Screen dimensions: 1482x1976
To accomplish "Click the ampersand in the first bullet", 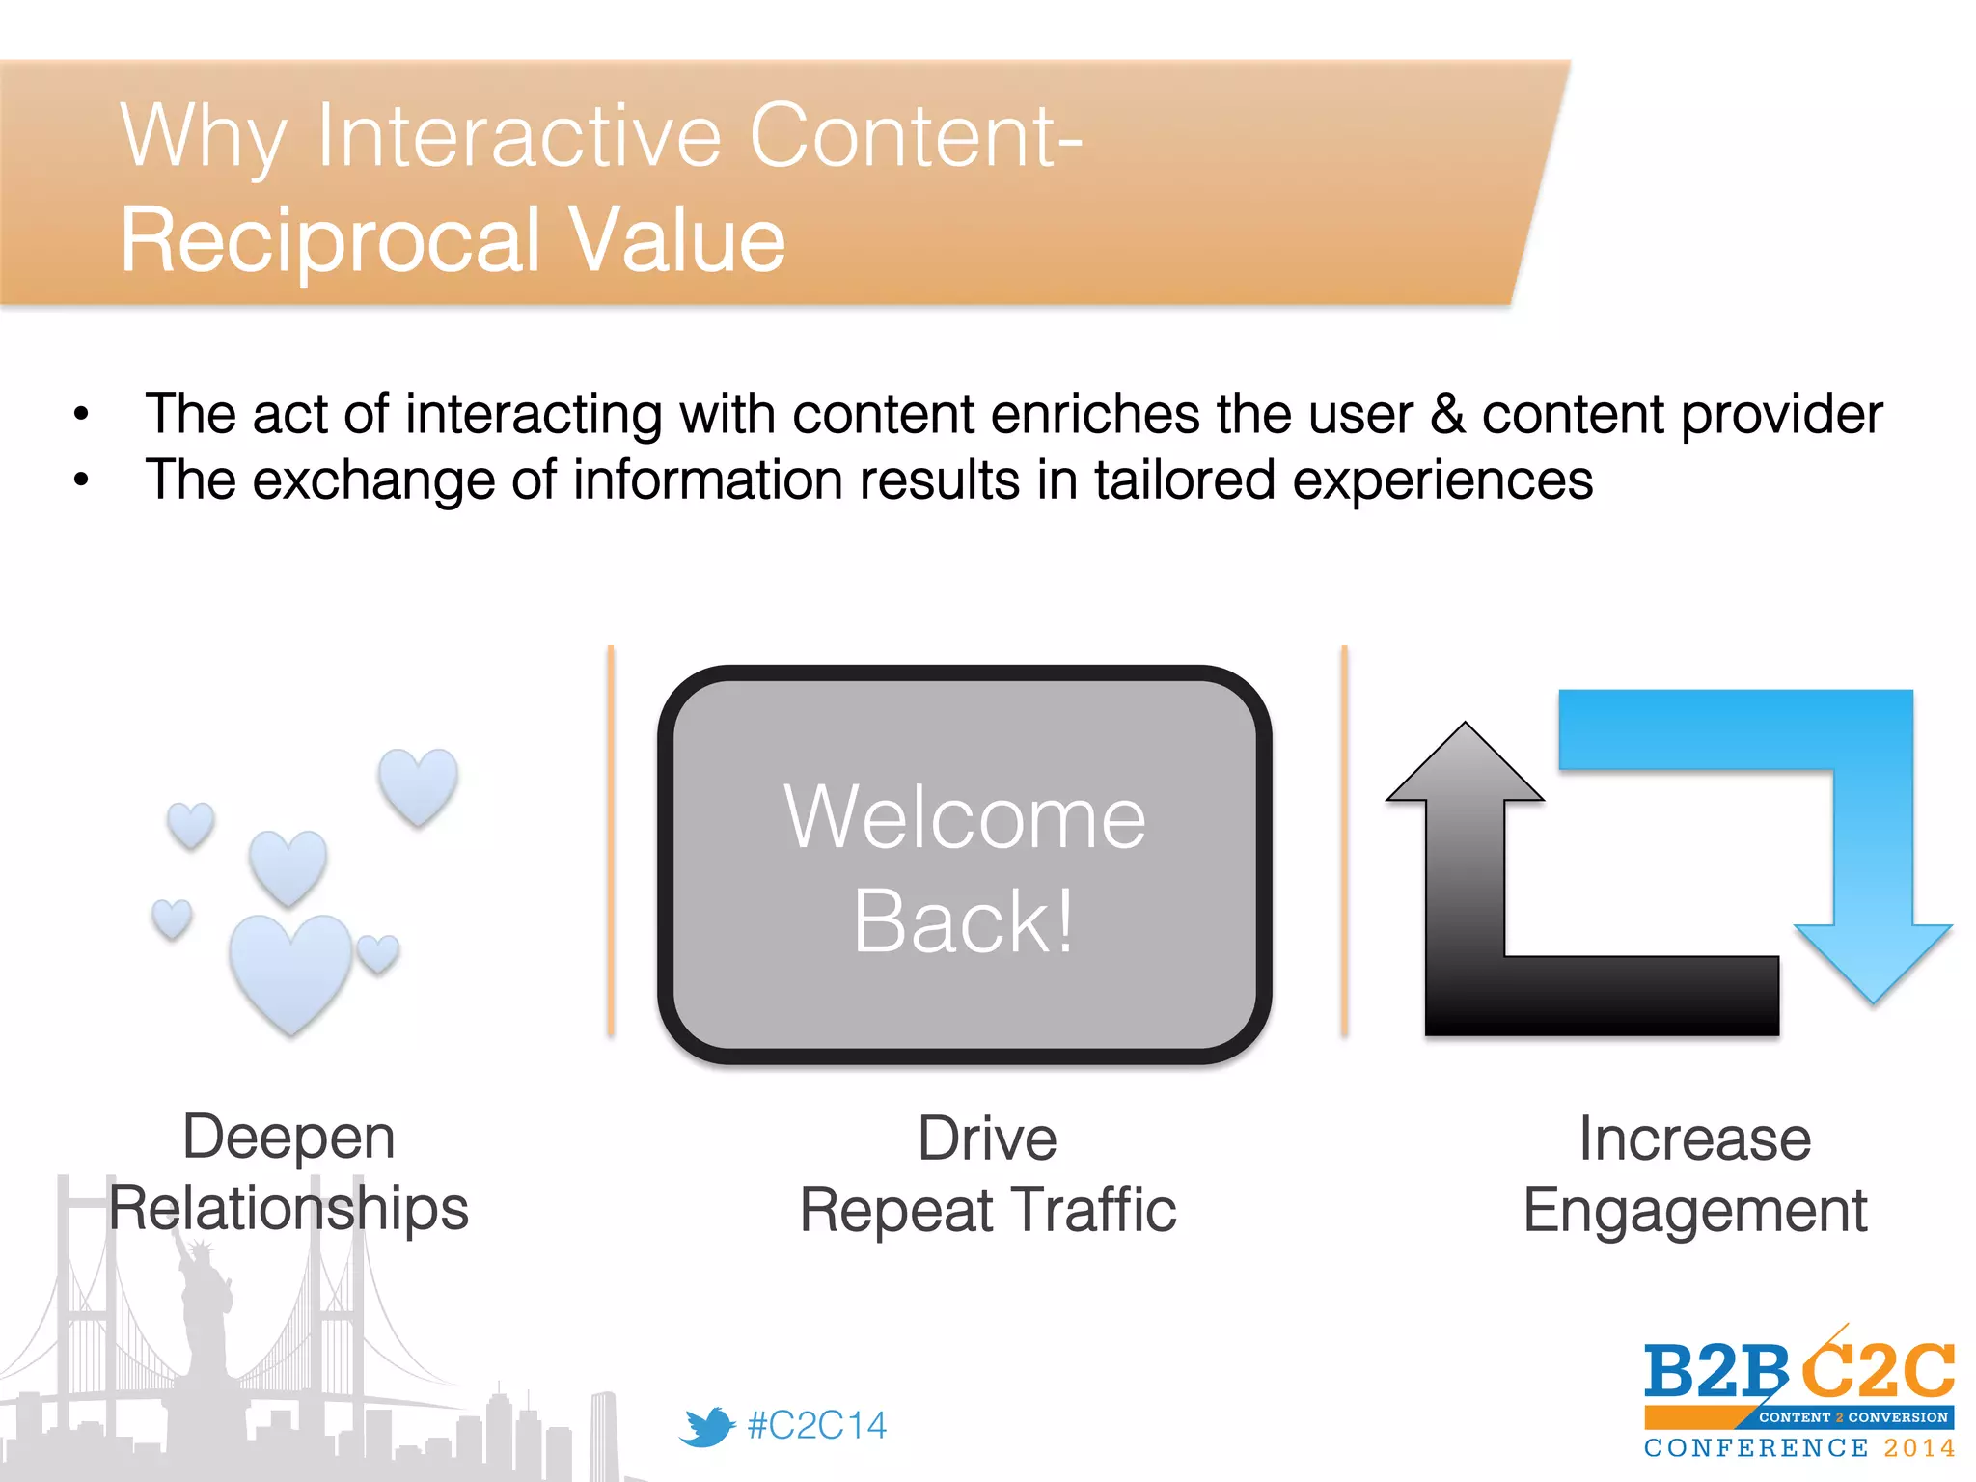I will (1447, 415).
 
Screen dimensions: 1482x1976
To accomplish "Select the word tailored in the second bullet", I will (1185, 480).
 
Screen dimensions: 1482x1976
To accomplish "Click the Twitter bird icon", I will (706, 1426).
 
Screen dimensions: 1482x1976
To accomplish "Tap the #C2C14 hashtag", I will (816, 1426).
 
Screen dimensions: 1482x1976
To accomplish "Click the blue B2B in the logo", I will (1715, 1372).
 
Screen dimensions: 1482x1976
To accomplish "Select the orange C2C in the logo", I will (1878, 1370).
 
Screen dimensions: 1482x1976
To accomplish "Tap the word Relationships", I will (288, 1208).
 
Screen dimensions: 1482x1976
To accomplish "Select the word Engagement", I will (1695, 1210).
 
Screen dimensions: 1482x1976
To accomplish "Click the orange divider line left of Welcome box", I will (611, 839).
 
